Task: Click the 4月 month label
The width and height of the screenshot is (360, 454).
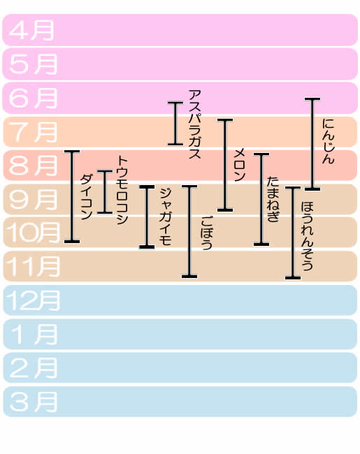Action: point(31,30)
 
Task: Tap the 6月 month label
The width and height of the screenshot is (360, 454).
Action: point(33,98)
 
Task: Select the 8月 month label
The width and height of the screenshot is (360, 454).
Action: point(33,166)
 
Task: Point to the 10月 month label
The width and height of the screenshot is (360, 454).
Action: point(33,233)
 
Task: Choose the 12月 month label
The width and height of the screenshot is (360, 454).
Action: point(33,300)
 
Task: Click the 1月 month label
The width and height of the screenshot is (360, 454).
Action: point(34,335)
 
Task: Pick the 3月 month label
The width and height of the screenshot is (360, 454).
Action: point(33,402)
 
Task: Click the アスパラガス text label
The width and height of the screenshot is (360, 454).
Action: point(194,124)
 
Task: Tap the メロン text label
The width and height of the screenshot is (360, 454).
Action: point(240,165)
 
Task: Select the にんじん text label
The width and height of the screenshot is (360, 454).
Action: point(329,141)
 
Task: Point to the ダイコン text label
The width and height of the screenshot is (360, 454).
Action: point(86,196)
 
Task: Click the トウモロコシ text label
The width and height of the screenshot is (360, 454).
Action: point(122,190)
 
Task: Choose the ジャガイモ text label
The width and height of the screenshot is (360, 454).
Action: point(165,217)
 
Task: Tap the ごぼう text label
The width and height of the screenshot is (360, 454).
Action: point(206,233)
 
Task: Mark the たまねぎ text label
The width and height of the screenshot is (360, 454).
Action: point(273,199)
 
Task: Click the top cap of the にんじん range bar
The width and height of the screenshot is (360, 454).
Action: point(312,99)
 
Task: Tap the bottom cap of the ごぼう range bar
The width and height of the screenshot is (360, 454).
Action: point(189,277)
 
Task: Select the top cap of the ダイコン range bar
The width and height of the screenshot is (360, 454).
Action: point(72,152)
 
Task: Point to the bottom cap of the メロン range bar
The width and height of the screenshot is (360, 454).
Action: point(225,210)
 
